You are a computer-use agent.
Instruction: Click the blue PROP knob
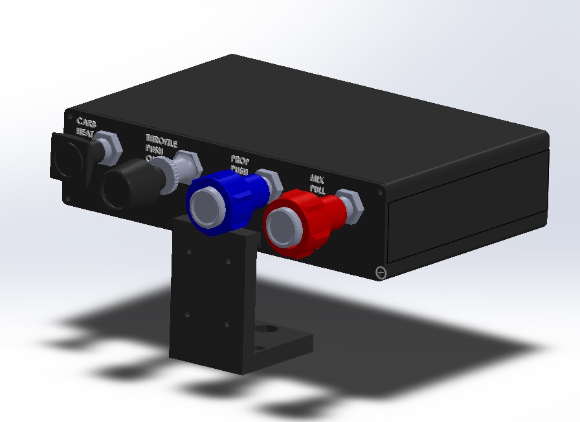tap(227, 198)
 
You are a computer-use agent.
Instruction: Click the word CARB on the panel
tap(87, 122)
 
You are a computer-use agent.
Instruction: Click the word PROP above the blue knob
tap(240, 160)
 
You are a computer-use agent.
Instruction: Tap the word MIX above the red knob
tap(317, 178)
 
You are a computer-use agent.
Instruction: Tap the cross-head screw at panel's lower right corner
tap(381, 273)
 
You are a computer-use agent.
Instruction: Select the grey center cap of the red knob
tap(284, 227)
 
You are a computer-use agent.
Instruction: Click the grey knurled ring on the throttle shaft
tap(170, 175)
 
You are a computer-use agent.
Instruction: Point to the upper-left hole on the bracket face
tap(188, 252)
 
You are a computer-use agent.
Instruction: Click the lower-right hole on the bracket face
tap(227, 324)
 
